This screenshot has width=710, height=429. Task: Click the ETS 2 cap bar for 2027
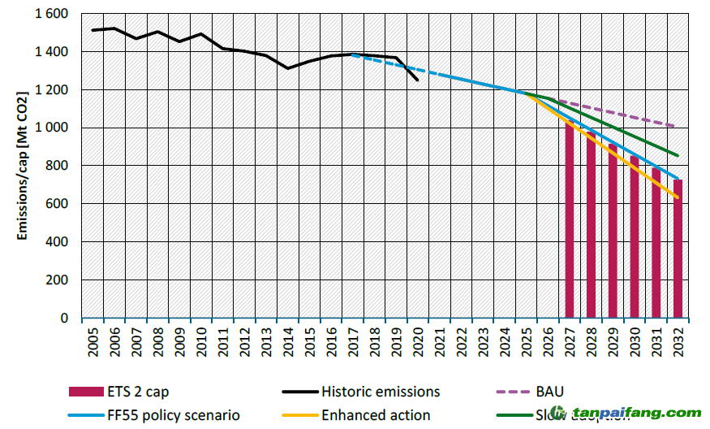(x=570, y=219)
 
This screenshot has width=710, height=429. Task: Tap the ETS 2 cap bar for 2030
(x=635, y=236)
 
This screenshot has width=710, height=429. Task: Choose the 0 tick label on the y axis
(x=65, y=318)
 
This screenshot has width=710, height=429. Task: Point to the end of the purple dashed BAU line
(x=678, y=127)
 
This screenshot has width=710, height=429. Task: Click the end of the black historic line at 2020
(x=418, y=80)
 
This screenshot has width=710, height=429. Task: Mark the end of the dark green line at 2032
(x=678, y=156)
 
